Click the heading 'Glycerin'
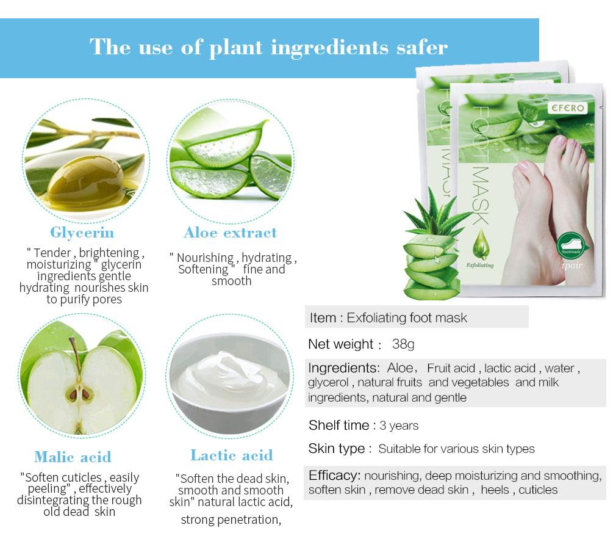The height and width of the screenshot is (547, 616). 82,233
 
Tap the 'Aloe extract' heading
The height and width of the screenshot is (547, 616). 230,233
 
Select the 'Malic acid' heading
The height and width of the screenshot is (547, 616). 73,457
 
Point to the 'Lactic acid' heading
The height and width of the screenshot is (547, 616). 232,455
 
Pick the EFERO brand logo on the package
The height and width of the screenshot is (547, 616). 568,107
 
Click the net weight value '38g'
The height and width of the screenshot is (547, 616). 403,344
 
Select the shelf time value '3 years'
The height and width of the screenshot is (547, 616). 399,426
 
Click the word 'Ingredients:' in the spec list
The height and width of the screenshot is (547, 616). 344,368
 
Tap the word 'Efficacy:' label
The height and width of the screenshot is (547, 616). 334,476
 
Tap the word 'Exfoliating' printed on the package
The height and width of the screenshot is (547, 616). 480,266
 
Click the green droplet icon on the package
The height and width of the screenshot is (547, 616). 480,244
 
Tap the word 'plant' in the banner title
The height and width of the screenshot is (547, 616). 235,48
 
